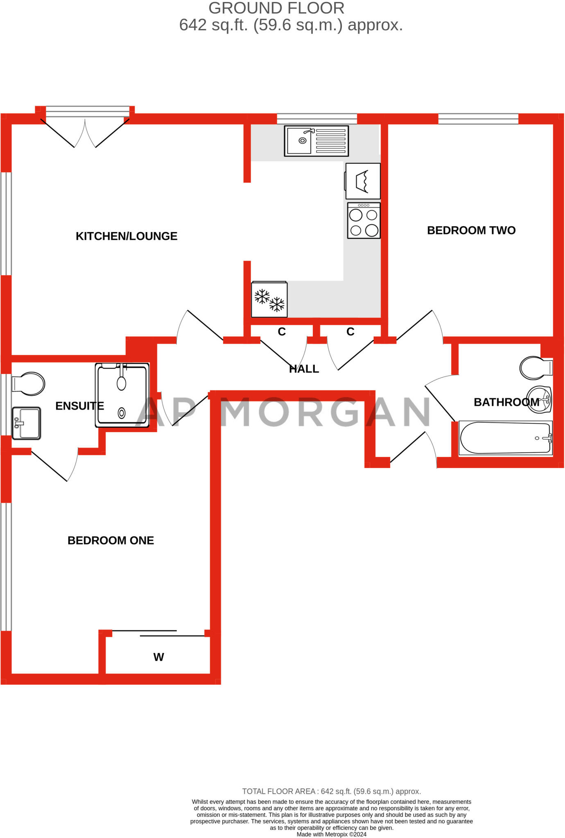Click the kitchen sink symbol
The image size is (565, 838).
[316, 141]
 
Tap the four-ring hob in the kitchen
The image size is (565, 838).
[364, 221]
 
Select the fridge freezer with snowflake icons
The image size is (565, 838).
[269, 300]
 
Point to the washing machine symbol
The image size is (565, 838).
[363, 181]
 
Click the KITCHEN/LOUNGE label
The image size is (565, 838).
[127, 236]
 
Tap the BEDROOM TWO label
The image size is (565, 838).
[471, 230]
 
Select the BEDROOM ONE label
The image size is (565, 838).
[111, 541]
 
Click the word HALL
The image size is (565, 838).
[304, 369]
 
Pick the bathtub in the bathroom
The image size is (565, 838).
[505, 438]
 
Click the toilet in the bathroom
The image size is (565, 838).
[536, 367]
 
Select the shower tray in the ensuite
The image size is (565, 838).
[122, 395]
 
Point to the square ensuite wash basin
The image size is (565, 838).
[27, 423]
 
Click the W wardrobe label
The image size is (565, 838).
[158, 657]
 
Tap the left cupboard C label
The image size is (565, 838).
[282, 332]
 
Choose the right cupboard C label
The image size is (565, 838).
[350, 332]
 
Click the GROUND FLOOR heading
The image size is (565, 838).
[276, 8]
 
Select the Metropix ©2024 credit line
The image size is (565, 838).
[331, 834]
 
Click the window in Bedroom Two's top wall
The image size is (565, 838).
[478, 119]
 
